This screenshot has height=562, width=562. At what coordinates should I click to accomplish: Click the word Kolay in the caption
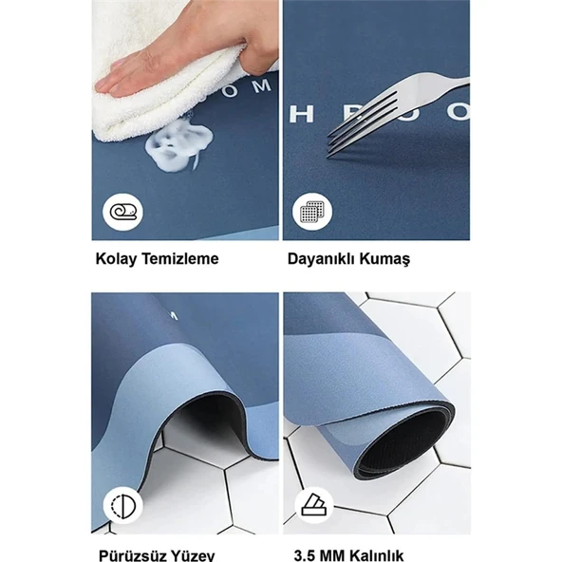tap(115, 258)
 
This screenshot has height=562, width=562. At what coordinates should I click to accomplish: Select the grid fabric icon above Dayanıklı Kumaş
tap(307, 212)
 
